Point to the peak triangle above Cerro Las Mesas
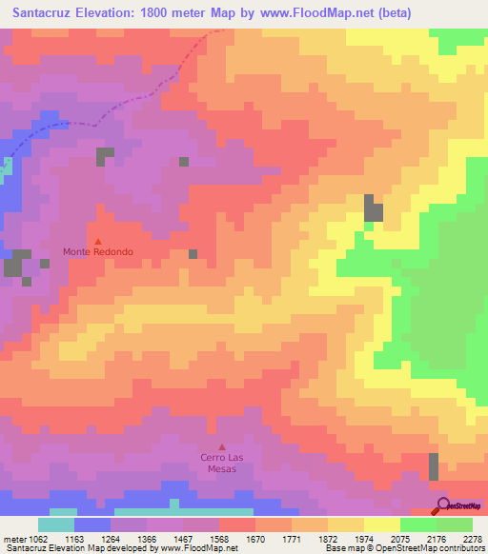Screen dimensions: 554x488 pyautogui.click(x=222, y=446)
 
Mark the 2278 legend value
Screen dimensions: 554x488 pyautogui.click(x=474, y=540)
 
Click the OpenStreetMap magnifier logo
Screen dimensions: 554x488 pyautogui.click(x=442, y=505)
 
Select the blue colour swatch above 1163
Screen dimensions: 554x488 pyautogui.click(x=91, y=524)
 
